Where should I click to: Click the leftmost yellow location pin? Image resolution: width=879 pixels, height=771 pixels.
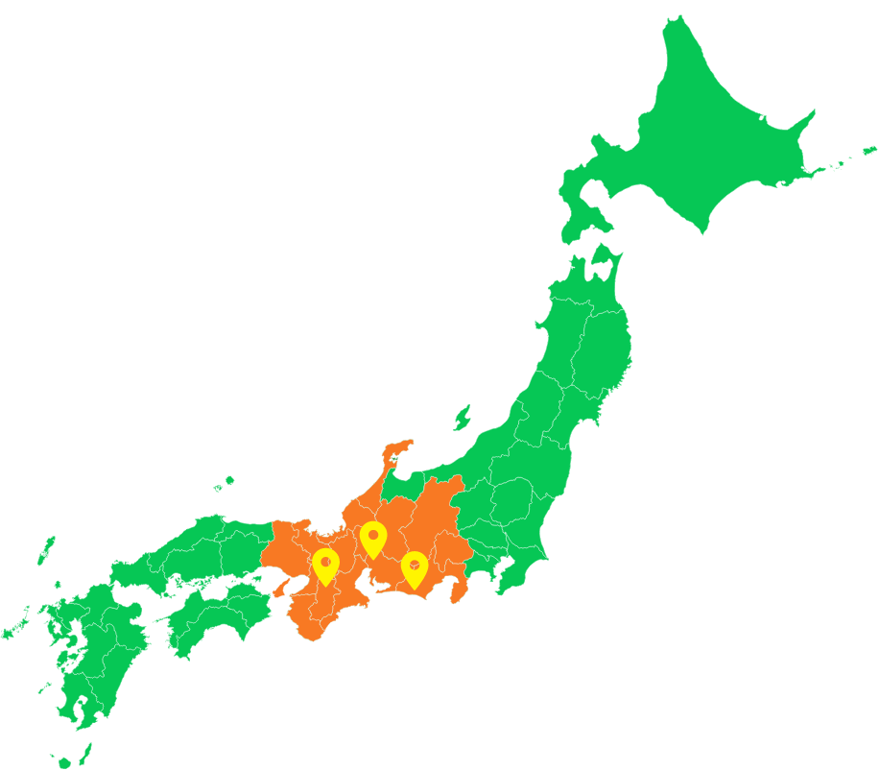coord(325,565)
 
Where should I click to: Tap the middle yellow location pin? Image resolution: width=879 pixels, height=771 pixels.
coord(373,538)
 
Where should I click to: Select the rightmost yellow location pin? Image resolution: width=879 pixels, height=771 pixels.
coord(415,568)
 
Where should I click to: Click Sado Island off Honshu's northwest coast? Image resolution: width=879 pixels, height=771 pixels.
coord(463,418)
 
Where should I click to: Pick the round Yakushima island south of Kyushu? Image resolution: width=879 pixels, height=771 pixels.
coord(64,762)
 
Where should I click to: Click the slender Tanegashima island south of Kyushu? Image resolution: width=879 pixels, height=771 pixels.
coord(85,751)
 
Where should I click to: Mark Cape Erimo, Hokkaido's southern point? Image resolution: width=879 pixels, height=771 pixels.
coord(708,231)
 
